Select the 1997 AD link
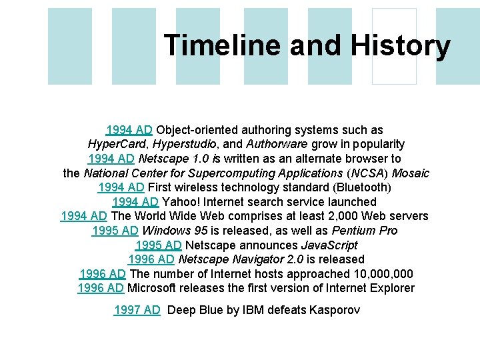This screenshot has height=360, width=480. pos(137,309)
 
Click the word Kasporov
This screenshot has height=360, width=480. pos(334,309)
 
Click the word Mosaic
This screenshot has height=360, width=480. pos(411,173)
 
